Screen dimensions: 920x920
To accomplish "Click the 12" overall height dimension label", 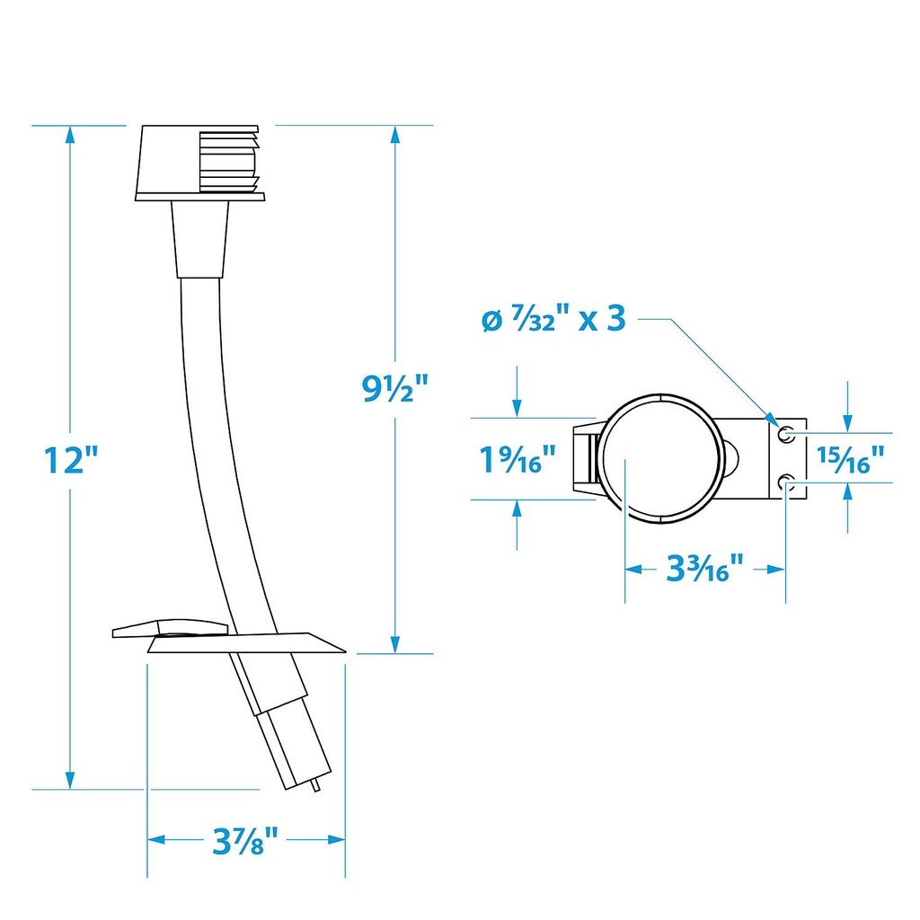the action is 71,459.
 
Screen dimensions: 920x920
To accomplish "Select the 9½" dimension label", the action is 395,388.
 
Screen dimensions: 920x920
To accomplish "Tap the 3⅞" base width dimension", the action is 244,841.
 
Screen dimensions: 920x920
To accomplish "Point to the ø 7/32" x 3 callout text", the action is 553,319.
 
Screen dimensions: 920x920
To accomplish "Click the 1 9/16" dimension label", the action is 517,459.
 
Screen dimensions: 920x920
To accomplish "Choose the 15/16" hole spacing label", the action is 851,459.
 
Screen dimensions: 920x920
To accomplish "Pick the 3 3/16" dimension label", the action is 704,568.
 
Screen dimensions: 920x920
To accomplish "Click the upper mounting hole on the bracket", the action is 786,435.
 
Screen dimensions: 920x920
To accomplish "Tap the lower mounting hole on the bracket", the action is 786,482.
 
